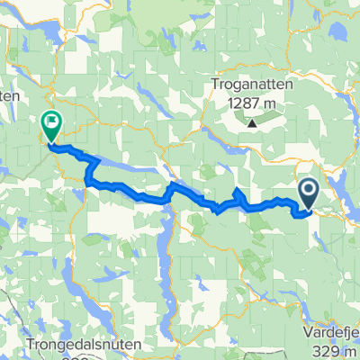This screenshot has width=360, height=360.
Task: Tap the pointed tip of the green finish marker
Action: pos(51,142)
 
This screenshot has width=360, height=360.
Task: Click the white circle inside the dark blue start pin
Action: pos(308,188)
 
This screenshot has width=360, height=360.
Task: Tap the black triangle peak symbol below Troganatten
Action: pos(253,122)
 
